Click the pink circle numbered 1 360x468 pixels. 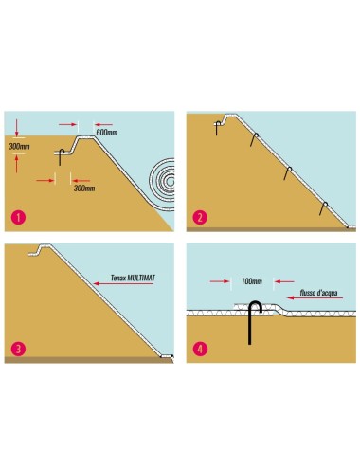[x=18, y=218]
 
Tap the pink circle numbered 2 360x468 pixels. [x=200, y=218]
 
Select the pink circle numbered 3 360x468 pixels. [x=18, y=350]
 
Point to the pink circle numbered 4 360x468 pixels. [x=200, y=350]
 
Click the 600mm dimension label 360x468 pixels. [x=106, y=133]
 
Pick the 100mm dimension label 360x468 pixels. [x=252, y=281]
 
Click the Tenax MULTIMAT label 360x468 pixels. [x=133, y=278]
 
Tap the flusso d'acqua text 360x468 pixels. [x=319, y=293]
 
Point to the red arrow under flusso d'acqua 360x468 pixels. [x=315, y=297]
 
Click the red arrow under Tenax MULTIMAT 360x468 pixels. [x=123, y=283]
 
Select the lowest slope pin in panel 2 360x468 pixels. [x=322, y=208]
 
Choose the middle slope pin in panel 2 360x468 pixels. [x=287, y=173]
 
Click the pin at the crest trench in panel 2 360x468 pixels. [x=217, y=128]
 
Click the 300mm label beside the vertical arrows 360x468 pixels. [x=19, y=146]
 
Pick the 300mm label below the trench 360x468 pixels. [x=84, y=189]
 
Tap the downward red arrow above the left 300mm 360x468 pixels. [x=17, y=128]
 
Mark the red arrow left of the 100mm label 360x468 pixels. [x=220, y=281]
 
